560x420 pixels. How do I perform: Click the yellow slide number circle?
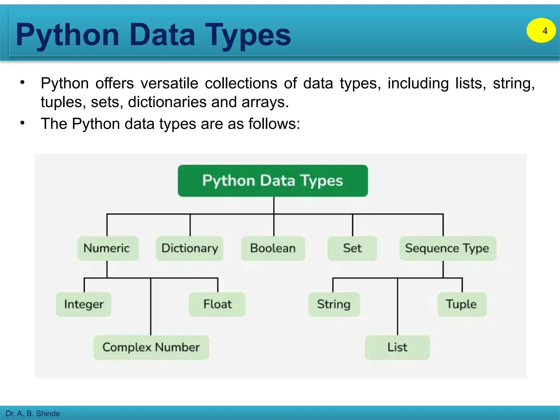[541, 30]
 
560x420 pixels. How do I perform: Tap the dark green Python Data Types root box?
[273, 180]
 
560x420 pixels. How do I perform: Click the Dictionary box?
[189, 248]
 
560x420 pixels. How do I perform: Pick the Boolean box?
[273, 248]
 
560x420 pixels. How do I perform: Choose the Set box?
[352, 248]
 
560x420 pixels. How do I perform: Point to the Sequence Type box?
[448, 248]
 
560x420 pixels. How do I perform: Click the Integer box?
[84, 304]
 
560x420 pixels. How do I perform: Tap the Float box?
[217, 304]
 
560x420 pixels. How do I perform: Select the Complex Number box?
[151, 347]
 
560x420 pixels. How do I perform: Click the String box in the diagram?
[334, 304]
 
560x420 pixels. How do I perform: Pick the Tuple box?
[462, 304]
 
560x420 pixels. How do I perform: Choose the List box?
[397, 347]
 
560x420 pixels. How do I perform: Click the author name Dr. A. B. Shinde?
[33, 413]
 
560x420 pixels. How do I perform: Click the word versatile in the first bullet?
[169, 83]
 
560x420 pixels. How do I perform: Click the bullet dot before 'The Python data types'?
[22, 123]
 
